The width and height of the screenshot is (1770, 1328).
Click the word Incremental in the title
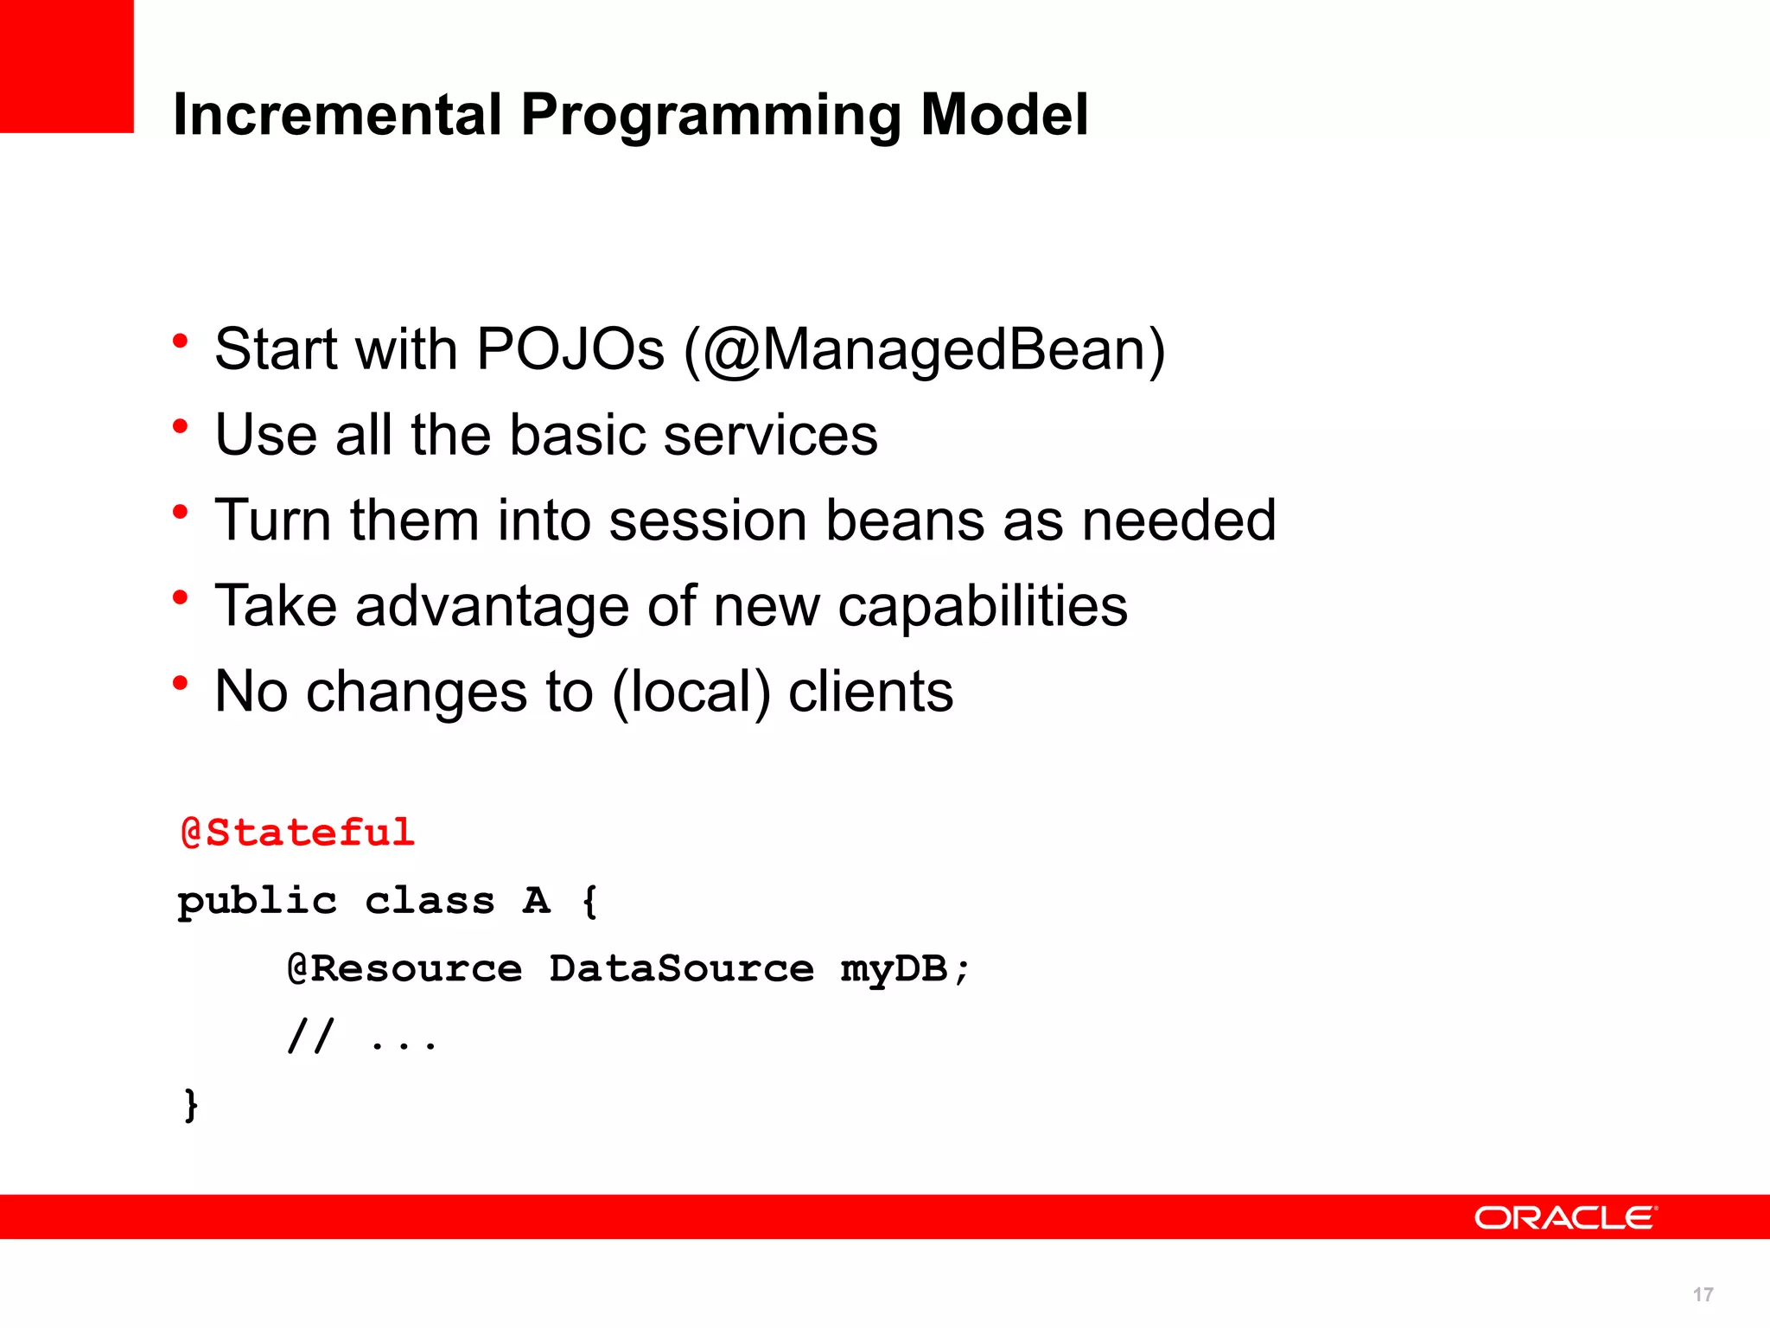pos(337,115)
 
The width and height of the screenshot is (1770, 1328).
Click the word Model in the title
pos(1003,115)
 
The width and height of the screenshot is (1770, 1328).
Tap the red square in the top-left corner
pos(67,66)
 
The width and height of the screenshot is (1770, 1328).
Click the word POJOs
pos(570,349)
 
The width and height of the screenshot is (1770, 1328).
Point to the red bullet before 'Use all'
pos(180,426)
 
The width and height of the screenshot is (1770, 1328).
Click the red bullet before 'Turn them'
pos(180,512)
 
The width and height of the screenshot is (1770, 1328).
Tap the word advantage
pos(492,606)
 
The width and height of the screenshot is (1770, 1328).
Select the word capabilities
pos(983,606)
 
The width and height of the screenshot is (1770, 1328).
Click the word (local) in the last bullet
pos(691,692)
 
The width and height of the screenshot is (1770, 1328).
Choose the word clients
pos(870,692)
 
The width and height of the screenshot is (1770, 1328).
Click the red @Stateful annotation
pos(298,833)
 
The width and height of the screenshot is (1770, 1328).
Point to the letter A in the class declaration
pos(536,901)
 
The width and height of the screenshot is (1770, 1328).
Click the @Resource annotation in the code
pos(404,968)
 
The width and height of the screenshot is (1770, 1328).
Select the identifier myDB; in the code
pos(905,969)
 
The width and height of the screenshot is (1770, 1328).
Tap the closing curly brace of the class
pos(191,1105)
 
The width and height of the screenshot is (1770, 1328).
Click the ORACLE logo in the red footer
pos(1565,1217)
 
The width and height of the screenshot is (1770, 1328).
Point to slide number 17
pos(1703,1294)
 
